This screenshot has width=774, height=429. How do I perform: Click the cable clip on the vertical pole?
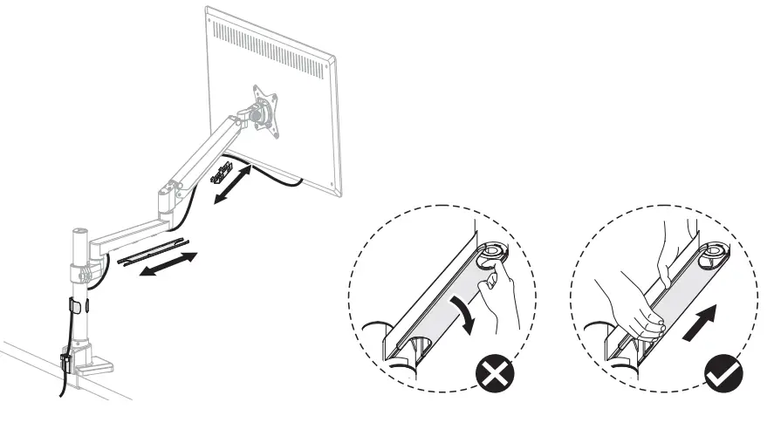click(x=72, y=308)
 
